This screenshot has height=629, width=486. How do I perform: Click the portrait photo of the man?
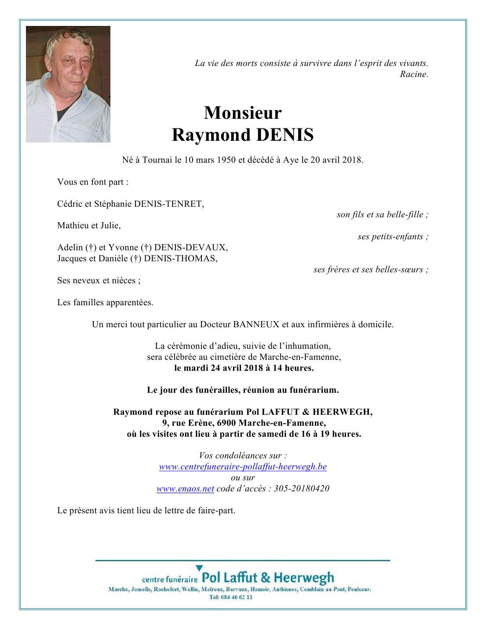[x=68, y=84]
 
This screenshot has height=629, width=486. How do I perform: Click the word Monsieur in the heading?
[x=243, y=113]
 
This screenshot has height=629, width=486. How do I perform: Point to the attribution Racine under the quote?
[x=413, y=74]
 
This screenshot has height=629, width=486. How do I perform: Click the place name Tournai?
[x=157, y=160]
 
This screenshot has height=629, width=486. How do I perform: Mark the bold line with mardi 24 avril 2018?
[x=244, y=368]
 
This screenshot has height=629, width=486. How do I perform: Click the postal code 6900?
[x=227, y=423]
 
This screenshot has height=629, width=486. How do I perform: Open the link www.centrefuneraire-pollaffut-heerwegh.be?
[x=243, y=467]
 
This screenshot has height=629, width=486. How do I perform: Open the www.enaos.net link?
[x=185, y=489]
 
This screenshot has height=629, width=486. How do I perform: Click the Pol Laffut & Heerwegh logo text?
[x=267, y=578]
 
